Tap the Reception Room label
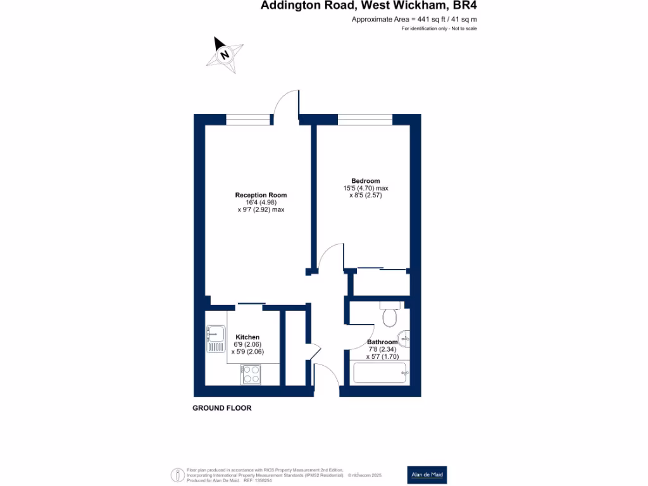click(261, 195)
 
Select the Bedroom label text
click(366, 180)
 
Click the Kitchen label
click(247, 337)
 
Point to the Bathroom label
click(382, 342)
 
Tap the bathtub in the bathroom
click(380, 373)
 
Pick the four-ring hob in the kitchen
click(251, 375)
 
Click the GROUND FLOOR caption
click(222, 408)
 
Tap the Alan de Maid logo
click(428, 475)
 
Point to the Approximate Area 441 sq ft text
click(414, 20)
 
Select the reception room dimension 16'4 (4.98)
click(261, 202)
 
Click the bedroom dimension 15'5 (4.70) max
click(365, 188)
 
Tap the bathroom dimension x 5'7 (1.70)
click(383, 356)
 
